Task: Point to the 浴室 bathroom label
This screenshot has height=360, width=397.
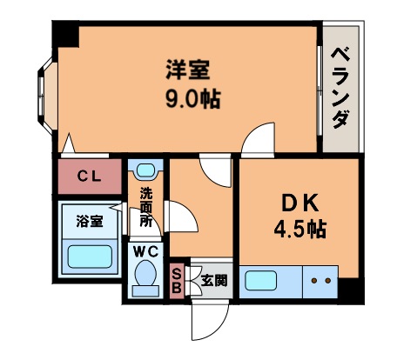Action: point(89,220)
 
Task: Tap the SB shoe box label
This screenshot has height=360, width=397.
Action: point(175,280)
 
